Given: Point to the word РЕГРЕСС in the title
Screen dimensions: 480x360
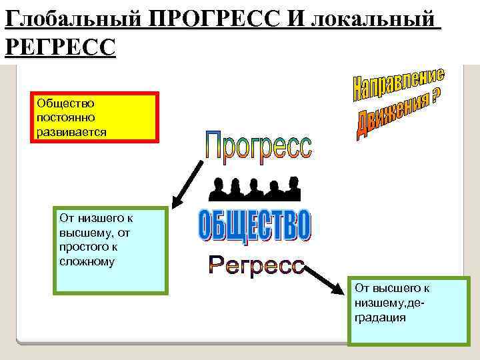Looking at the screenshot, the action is click(x=59, y=47).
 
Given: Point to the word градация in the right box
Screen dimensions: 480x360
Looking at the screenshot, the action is click(x=381, y=318).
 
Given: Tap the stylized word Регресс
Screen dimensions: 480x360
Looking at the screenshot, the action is click(x=256, y=265).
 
